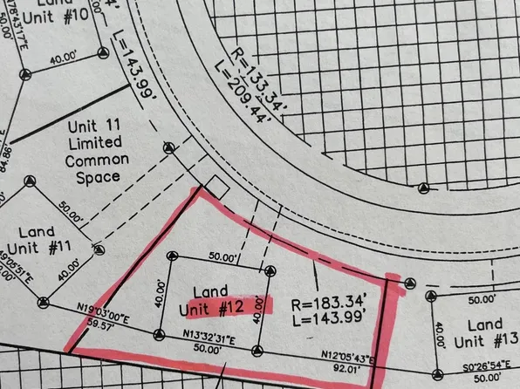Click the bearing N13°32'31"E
[205, 337]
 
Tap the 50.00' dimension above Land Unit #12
[219, 258]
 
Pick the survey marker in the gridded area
[423, 189]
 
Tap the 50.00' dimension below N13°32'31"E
[208, 348]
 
